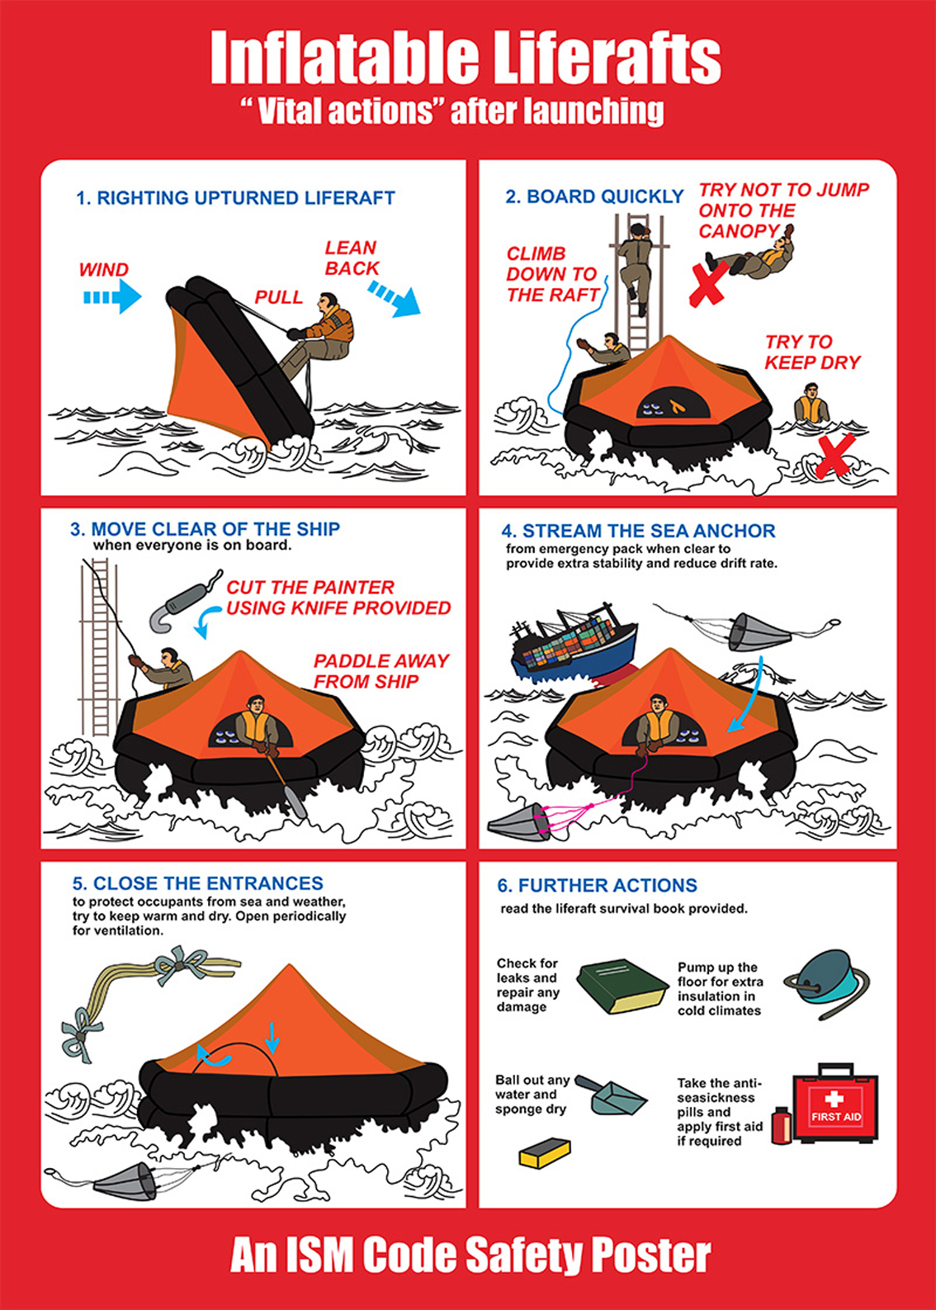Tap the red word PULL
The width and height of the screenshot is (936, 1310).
pos(278,297)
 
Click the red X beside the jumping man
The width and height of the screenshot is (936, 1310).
pos(708,281)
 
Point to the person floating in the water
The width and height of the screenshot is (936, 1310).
pos(811,409)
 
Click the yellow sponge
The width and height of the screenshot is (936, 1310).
pos(545,1152)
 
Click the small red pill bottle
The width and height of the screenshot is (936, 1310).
pos(780,1126)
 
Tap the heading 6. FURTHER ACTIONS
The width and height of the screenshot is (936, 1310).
pos(597,886)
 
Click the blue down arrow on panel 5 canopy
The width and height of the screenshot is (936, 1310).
pos(272,1037)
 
